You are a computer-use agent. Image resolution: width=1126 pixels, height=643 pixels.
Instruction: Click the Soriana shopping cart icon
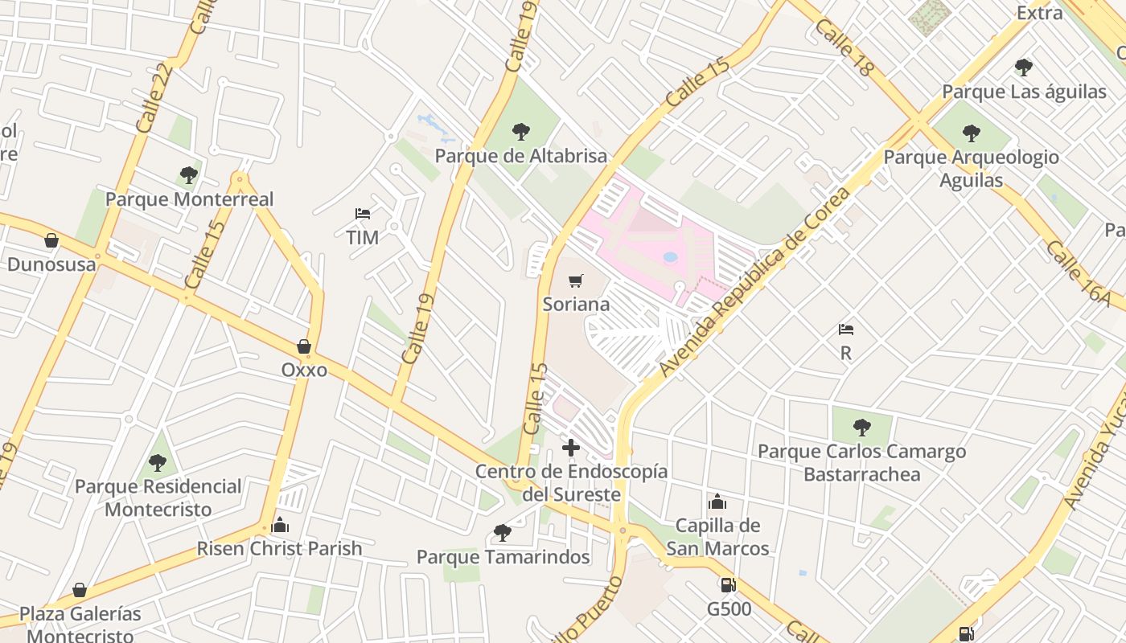(x=575, y=281)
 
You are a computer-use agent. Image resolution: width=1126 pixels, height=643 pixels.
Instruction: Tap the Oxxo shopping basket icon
(x=304, y=346)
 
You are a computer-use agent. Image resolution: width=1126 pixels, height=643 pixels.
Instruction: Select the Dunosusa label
(x=51, y=264)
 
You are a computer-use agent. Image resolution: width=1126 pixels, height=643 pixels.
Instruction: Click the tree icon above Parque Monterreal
(x=189, y=174)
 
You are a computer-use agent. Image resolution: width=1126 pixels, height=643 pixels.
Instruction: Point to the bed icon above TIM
(x=363, y=214)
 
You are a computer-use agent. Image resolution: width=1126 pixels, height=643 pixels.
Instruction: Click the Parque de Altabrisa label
(x=521, y=156)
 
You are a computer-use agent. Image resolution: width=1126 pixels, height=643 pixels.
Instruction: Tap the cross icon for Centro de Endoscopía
(x=571, y=448)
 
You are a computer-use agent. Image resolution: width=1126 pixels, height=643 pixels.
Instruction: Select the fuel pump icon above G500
(x=728, y=585)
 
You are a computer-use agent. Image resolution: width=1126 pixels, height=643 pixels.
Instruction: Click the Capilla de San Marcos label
(x=717, y=537)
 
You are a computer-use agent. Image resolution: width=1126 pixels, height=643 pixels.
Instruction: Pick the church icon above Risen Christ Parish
(x=280, y=525)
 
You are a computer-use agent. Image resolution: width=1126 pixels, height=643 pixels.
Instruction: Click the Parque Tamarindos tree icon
(x=503, y=532)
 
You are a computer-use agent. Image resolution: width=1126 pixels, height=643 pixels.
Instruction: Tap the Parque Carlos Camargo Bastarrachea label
(x=861, y=463)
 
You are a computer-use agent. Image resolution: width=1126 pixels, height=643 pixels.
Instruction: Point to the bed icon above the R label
(x=845, y=329)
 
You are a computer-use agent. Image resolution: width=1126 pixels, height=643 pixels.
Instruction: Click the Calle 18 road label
(x=844, y=48)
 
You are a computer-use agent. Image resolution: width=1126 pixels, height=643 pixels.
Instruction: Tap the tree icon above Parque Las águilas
(x=1023, y=67)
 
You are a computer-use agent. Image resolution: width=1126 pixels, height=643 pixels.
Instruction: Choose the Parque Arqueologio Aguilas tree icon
(x=972, y=133)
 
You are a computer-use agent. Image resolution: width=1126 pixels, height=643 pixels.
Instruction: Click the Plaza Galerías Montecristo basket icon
(x=80, y=590)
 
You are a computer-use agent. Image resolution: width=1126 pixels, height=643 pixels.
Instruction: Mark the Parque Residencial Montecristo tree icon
(x=158, y=462)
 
